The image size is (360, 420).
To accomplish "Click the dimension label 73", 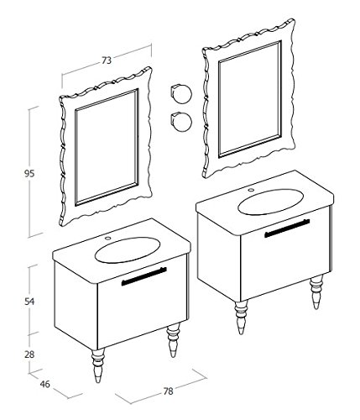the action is pos(107,60).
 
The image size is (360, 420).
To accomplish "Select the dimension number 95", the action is pos(29,174).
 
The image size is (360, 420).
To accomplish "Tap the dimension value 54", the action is pos(29,302).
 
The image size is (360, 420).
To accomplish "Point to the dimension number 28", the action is pos(29,354).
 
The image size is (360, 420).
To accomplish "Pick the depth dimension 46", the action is pos(44,384).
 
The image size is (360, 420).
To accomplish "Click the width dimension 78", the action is pos(168,391).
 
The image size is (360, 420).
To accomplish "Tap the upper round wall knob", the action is pos(181,93).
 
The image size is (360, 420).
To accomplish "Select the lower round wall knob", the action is pos(181,121).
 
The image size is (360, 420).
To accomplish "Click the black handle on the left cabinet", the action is pos(144,276).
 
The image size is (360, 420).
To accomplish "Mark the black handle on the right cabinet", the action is pos(287,228).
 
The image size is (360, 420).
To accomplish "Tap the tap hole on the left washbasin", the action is pos(107,239).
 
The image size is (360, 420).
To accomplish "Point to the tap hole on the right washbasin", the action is pos(251,190).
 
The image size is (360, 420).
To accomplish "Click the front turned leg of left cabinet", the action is pos(98,365).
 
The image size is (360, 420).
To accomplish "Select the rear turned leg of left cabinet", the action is pos(173,340).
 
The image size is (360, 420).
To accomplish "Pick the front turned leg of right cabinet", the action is pos(241,317).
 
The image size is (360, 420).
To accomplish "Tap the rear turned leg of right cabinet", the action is pos(316,292).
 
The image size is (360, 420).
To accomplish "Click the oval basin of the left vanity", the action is pos(128,250).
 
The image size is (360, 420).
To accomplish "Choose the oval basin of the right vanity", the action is pos(271,202).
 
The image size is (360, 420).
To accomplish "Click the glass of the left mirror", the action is pos(107,147).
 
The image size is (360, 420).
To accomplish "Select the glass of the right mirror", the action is pos(250,99).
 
